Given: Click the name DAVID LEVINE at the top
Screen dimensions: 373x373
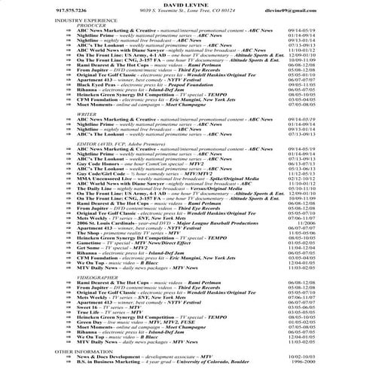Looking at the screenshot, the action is point(186,5).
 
